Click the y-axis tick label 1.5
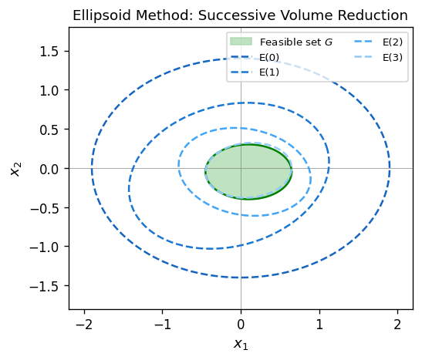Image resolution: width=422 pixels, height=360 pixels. pyautogui.click(x=51, y=51)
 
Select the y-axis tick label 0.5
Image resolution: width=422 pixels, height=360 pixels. pyautogui.click(x=51, y=130)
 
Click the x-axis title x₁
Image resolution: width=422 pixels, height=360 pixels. pyautogui.click(x=241, y=344)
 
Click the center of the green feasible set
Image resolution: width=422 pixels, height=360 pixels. pyautogui.click(x=248, y=172)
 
